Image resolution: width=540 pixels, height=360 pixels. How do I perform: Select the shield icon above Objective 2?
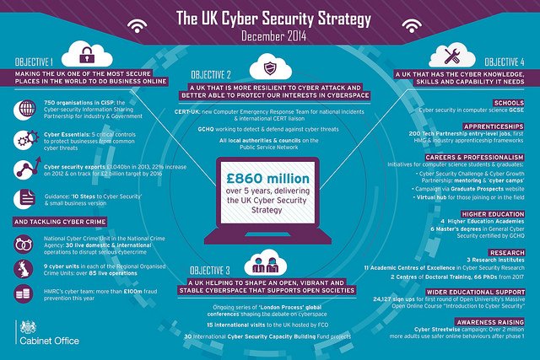point(270,67)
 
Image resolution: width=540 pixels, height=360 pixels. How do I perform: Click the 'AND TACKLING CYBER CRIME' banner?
point(62,222)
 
